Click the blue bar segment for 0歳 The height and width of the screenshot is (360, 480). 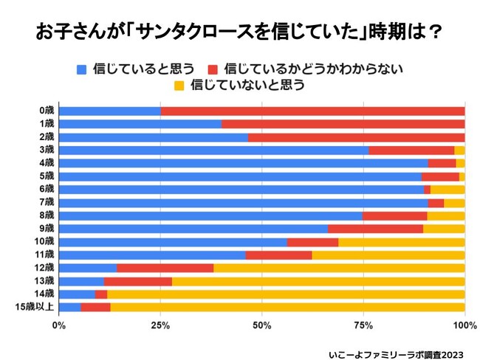click(109, 111)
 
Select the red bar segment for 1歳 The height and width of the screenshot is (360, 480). click(343, 124)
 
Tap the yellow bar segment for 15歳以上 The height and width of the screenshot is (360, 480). click(287, 307)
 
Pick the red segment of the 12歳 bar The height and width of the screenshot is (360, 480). click(165, 268)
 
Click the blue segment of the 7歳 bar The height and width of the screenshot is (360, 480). click(243, 202)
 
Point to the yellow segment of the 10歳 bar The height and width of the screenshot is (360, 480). click(401, 242)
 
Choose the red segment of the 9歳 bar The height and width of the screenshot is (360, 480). click(375, 229)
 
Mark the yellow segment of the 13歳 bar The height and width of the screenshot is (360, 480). click(318, 281)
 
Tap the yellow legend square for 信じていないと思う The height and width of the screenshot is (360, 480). click(178, 86)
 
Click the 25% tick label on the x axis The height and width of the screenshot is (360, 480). click(160, 325)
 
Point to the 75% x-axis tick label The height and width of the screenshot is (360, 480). click(363, 325)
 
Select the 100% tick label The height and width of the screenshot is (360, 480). click(464, 325)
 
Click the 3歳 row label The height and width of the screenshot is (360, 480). click(47, 150)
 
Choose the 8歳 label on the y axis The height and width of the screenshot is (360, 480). click(47, 215)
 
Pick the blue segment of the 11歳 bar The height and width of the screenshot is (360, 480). click(151, 255)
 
